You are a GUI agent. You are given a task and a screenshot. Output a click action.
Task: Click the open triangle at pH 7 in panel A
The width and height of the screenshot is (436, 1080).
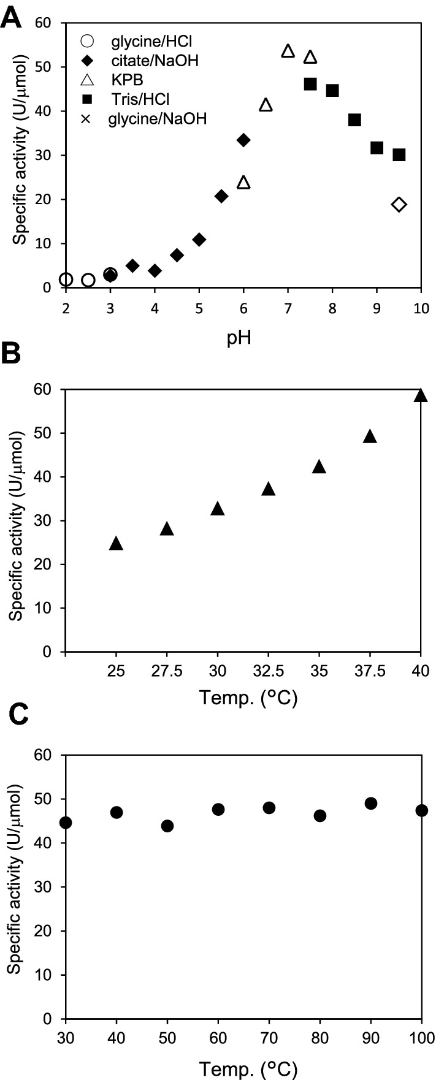pos(288,51)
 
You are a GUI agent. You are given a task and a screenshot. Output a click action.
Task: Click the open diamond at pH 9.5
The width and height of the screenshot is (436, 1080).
pos(399,204)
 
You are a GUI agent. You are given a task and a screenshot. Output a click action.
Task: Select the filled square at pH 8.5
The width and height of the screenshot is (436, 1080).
pos(354,120)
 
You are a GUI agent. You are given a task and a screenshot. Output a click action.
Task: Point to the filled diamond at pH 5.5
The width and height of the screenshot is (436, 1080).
pos(221,196)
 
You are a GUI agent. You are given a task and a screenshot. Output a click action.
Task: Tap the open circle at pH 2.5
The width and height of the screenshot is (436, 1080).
pos(88,280)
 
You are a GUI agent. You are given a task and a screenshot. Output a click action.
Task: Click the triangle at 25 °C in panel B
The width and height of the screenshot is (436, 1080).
pos(116,544)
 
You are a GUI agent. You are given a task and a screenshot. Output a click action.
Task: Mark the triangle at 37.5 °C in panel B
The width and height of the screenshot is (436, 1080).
pos(370,437)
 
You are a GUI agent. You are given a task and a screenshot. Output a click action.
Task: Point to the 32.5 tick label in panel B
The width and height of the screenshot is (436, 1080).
pos(268,670)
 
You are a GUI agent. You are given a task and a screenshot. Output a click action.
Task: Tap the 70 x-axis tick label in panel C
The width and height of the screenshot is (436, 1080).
pos(269,1036)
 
